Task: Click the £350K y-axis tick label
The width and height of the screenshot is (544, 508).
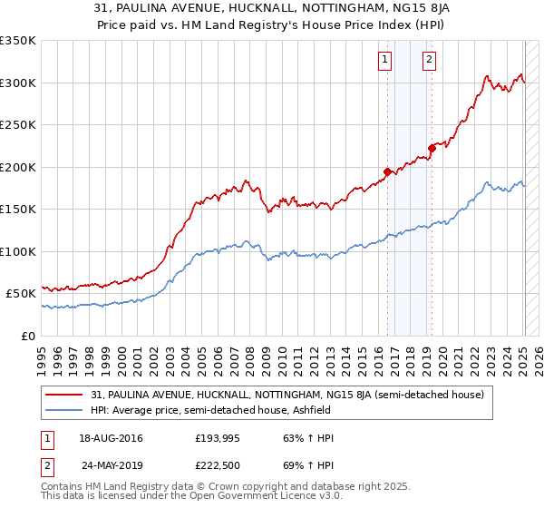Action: pos(18,41)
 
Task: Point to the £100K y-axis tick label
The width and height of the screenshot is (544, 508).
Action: pos(18,251)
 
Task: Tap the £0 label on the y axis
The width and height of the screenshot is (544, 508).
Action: pos(27,336)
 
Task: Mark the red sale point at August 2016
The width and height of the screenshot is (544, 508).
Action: pos(387,171)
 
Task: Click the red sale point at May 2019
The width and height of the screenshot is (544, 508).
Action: pos(432,148)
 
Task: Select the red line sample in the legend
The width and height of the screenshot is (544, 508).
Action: pos(63,395)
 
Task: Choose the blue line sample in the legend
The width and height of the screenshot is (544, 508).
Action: pos(63,410)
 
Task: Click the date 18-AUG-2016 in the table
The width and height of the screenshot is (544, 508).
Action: pos(111,439)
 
